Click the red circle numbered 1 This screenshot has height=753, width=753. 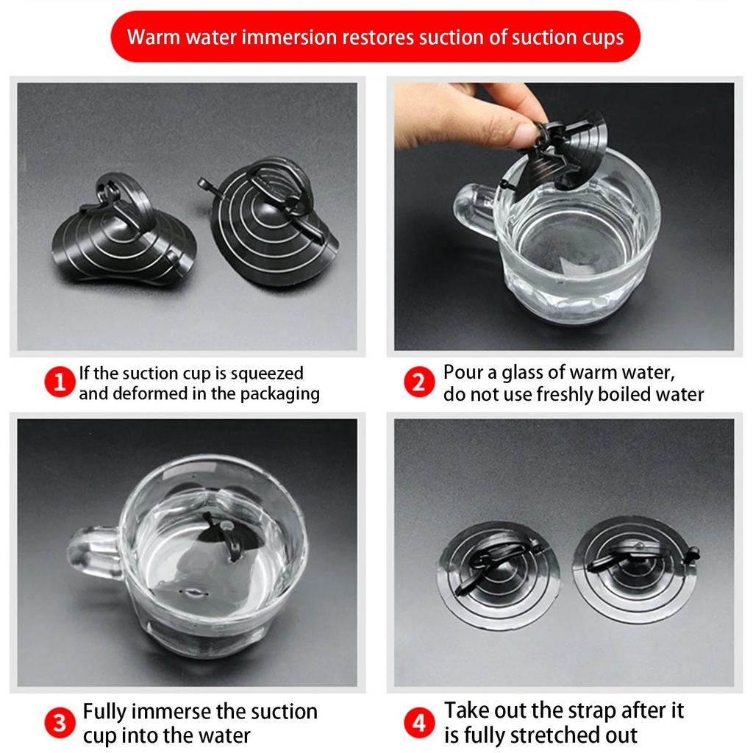click(x=60, y=382)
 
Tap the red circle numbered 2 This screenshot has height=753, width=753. click(x=419, y=382)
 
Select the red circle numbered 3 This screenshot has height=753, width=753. click(x=60, y=722)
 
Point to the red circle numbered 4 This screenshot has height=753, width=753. click(x=419, y=722)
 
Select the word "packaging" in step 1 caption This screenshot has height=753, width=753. click(x=280, y=394)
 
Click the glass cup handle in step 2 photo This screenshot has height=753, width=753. click(x=475, y=210)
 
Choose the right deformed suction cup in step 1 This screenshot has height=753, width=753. click(x=272, y=221)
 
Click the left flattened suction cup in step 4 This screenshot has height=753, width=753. click(x=499, y=575)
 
